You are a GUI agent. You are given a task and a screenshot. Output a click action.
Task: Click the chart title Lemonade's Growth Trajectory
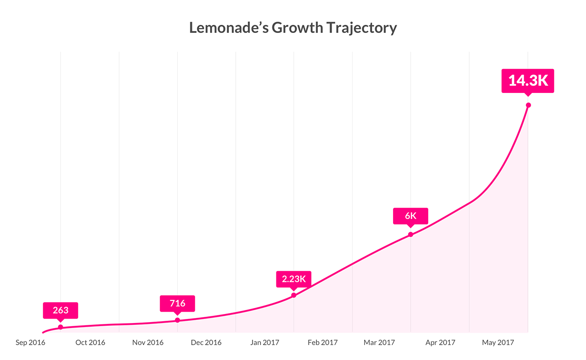pos(293,28)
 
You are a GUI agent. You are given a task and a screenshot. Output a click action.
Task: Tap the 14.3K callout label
pos(528,81)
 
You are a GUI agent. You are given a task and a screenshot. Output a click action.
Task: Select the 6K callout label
pos(410,216)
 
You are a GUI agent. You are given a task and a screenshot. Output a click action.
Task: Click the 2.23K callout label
pos(293,279)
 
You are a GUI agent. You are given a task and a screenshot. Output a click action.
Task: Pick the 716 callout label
pos(177,303)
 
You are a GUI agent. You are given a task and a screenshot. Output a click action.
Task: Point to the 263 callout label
pos(60,310)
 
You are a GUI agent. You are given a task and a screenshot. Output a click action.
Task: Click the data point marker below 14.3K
pos(528,105)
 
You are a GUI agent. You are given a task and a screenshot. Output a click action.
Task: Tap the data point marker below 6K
pos(410,235)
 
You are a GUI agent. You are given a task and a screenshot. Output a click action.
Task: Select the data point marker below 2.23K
pos(293,295)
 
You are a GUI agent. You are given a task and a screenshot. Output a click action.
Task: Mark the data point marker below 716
pos(177,320)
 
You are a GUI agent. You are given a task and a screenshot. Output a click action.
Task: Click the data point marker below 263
pos(60,327)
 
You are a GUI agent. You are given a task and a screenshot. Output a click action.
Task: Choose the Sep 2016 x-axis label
pos(30,343)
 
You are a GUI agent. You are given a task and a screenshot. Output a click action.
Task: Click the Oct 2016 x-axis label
pos(90,343)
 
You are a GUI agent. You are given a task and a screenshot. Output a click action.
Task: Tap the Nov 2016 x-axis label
pos(148,343)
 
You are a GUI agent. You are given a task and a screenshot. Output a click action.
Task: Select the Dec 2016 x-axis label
pos(206,343)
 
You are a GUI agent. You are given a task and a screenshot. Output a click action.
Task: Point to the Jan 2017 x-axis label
pos(265,343)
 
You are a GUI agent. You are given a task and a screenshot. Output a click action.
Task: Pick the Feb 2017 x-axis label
pos(323,343)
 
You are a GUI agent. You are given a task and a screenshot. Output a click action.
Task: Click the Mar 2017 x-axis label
pos(379,343)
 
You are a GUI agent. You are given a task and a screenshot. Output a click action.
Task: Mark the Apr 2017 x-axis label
pos(440,343)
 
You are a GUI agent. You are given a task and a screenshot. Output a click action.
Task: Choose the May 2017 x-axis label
pos(498,343)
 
